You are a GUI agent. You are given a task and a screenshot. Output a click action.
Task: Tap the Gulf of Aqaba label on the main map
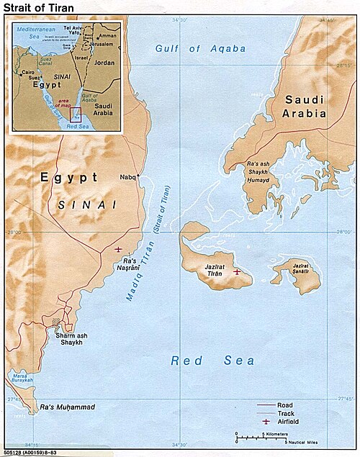pyautogui.click(x=200, y=49)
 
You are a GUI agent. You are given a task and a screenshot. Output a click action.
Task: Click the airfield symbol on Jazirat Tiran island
pyautogui.click(x=237, y=272)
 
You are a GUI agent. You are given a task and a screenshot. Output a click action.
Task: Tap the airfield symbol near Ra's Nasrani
pyautogui.click(x=118, y=249)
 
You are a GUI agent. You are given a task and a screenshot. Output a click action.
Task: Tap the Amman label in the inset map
pyautogui.click(x=107, y=35)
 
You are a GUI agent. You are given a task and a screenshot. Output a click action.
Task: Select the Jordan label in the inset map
pyautogui.click(x=104, y=63)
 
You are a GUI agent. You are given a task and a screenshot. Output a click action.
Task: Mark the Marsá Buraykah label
pyautogui.click(x=18, y=379)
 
